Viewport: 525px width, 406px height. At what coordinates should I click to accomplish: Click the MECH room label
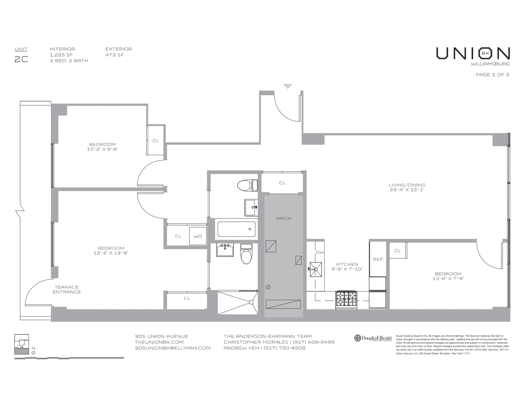(x=283, y=218)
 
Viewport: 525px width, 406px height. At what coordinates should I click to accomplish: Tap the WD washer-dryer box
(x=198, y=236)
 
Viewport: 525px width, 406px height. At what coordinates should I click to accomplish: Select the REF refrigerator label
(x=378, y=260)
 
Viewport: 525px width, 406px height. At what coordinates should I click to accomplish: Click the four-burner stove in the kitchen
(x=346, y=300)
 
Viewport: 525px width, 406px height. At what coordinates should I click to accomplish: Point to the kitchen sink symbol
(x=316, y=269)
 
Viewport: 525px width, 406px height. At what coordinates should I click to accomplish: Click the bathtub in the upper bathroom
(x=236, y=229)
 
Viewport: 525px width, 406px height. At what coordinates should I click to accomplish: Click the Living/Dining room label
(x=407, y=187)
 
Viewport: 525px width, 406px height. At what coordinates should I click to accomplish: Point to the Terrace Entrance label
(x=66, y=289)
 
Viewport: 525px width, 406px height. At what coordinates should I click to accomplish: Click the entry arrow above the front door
(x=288, y=86)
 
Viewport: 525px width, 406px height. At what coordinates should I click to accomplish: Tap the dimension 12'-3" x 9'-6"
(x=102, y=149)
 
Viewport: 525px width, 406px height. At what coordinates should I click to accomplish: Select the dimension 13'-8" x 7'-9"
(x=448, y=279)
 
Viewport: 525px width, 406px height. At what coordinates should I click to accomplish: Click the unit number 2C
(x=21, y=59)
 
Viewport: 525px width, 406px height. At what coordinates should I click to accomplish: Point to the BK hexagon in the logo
(x=485, y=53)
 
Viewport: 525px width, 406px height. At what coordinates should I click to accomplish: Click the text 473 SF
(x=115, y=55)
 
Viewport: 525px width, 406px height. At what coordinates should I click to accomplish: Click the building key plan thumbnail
(x=22, y=345)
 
